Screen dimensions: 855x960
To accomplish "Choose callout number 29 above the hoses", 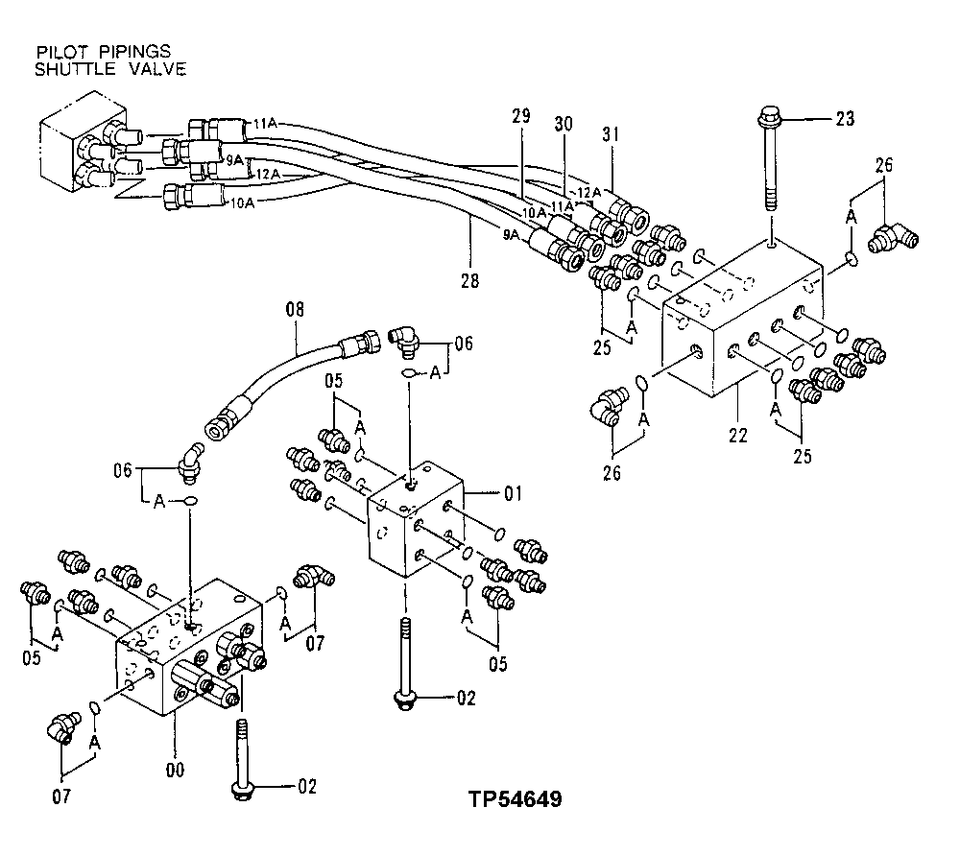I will click(x=521, y=116).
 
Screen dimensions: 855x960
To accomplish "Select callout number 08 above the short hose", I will click(x=295, y=310).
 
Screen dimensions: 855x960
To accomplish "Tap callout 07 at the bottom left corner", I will click(x=62, y=795).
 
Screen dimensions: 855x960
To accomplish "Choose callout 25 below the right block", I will click(x=802, y=455).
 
